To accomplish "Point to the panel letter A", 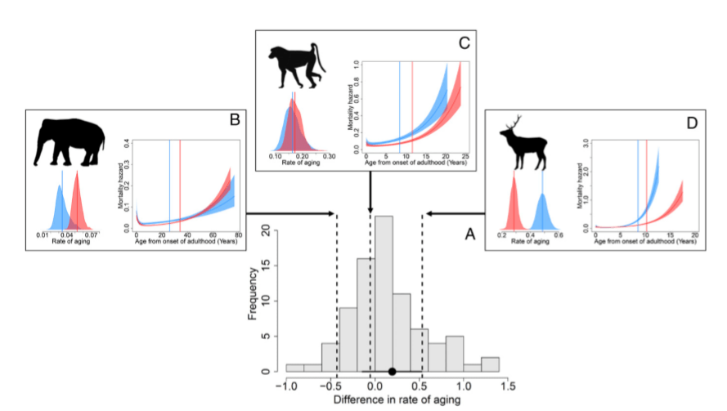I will click(470, 235).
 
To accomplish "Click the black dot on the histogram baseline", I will click(393, 372).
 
